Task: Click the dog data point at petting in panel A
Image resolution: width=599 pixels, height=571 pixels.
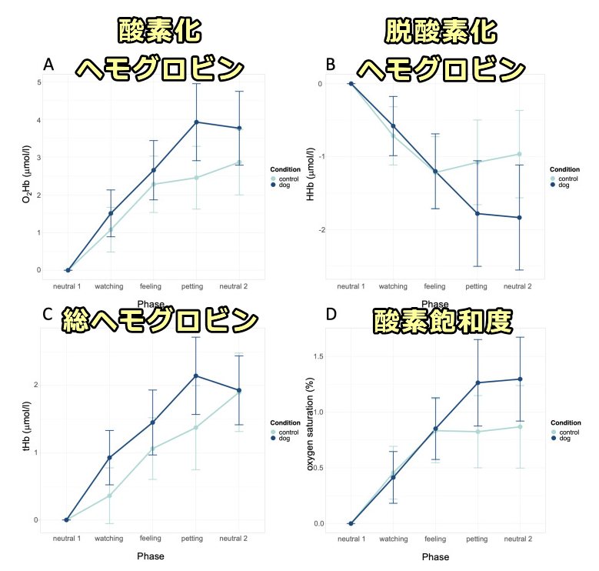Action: click(x=197, y=122)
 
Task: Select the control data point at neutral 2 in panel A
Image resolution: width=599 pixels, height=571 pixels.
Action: click(x=239, y=162)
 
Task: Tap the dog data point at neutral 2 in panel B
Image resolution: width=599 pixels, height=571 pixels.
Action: click(x=519, y=218)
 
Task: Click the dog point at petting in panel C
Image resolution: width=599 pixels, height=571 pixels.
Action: click(x=197, y=376)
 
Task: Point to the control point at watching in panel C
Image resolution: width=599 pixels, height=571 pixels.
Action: click(x=110, y=496)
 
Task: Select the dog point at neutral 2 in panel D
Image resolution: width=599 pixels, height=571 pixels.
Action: click(x=520, y=379)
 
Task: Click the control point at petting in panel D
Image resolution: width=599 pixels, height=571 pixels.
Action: click(x=478, y=432)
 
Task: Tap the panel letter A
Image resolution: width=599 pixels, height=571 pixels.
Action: click(x=48, y=65)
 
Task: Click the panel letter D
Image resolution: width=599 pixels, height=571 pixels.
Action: click(x=331, y=315)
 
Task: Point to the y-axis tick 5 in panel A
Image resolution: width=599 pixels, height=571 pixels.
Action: click(x=38, y=82)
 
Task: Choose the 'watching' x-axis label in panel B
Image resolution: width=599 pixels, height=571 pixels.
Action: click(x=393, y=286)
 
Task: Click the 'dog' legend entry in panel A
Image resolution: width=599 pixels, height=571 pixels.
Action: click(x=285, y=185)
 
